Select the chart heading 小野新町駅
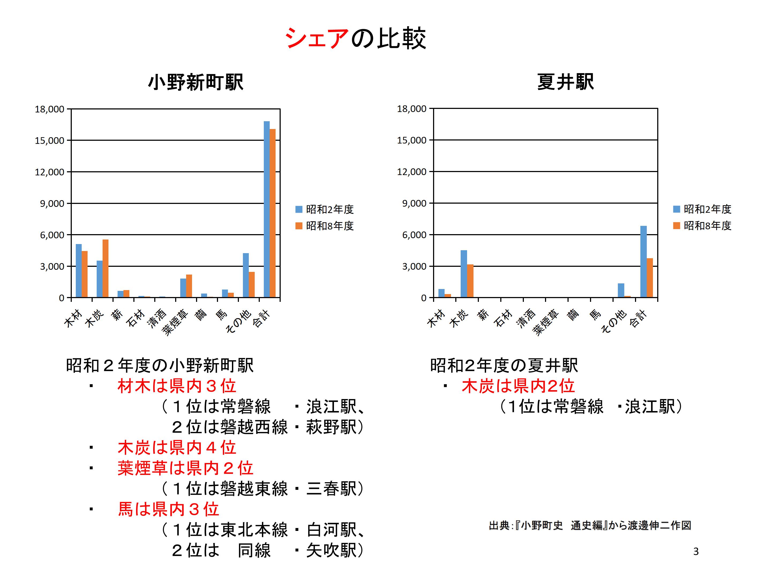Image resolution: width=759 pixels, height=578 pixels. tap(196, 83)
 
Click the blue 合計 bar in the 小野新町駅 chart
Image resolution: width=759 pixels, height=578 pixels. tap(266, 209)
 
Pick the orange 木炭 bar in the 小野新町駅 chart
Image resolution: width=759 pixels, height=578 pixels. tap(105, 268)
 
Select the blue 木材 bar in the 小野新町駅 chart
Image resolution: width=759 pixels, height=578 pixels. tap(78, 271)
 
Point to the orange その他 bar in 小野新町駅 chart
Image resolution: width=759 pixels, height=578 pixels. tap(252, 284)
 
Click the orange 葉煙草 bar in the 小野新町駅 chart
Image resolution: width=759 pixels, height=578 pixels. tap(189, 286)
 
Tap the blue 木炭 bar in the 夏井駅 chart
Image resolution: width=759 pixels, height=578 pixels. tap(464, 273)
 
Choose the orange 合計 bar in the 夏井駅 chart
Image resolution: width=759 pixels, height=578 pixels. tap(649, 278)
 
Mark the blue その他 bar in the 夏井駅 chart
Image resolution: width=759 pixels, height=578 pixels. tap(621, 290)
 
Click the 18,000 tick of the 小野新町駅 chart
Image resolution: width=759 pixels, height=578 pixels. tap(50, 109)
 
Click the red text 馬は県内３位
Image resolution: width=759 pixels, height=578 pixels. tap(168, 509)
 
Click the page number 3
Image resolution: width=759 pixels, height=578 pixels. tap(696, 552)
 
